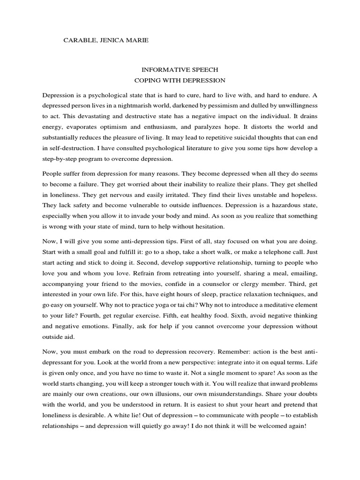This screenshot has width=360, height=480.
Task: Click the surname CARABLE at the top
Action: [78, 41]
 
